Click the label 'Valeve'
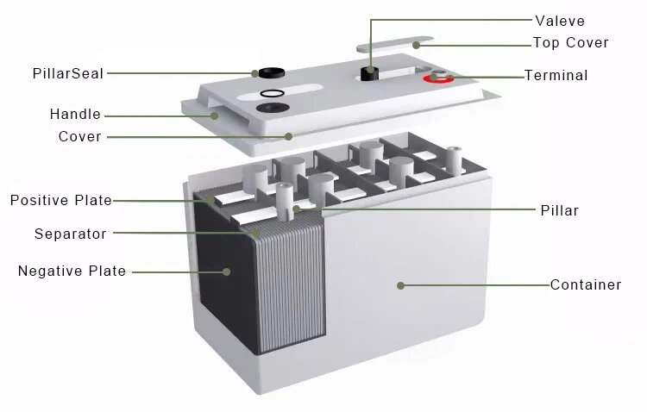pyautogui.click(x=560, y=21)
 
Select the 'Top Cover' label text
pyautogui.click(x=571, y=42)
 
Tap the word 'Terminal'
pyautogui.click(x=556, y=76)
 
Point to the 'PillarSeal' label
pyautogui.click(x=68, y=74)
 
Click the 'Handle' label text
pyautogui.click(x=75, y=115)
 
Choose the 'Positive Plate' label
pyautogui.click(x=61, y=201)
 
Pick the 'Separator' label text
pyautogui.click(x=71, y=234)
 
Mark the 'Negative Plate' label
pyautogui.click(x=72, y=271)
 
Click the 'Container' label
pyautogui.click(x=586, y=285)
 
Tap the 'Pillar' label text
pyautogui.click(x=560, y=211)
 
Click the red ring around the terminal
pyautogui.click(x=438, y=78)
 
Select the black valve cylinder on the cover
pyautogui.click(x=370, y=74)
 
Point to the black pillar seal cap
pyautogui.click(x=272, y=73)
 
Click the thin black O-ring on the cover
pyautogui.click(x=273, y=94)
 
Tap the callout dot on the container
pyautogui.click(x=400, y=285)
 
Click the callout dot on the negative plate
pyautogui.click(x=227, y=272)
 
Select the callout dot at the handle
pyautogui.click(x=215, y=115)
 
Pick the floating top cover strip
pyautogui.click(x=395, y=45)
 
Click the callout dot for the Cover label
pyautogui.click(x=289, y=136)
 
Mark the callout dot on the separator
pyautogui.click(x=257, y=233)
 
